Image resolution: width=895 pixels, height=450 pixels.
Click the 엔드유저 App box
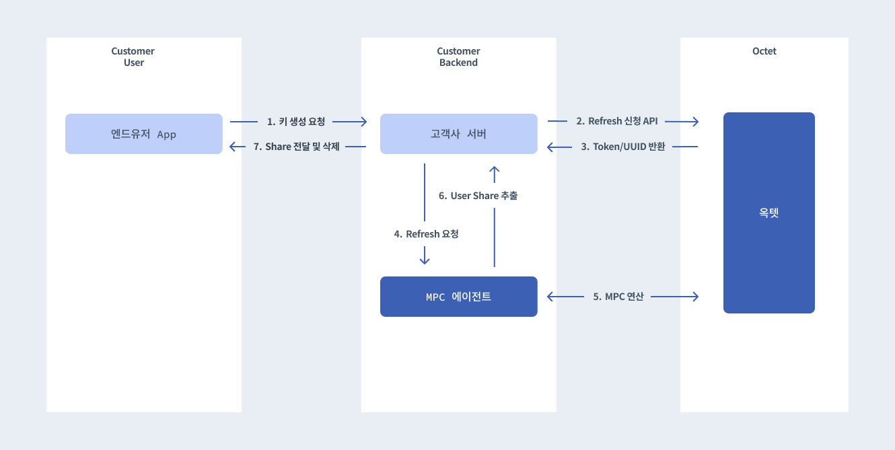144,134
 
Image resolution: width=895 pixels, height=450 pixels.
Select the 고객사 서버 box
459,134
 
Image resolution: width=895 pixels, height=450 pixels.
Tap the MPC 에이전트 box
459,297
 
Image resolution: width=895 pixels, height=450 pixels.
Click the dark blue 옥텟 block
768,213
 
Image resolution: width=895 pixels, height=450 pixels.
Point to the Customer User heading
133,57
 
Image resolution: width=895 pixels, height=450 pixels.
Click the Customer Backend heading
458,57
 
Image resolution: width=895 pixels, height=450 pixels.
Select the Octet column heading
764,51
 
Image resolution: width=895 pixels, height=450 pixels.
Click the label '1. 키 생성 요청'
296,121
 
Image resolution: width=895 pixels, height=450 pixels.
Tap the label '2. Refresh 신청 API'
616,121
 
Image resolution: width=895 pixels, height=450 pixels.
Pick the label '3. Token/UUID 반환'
623,147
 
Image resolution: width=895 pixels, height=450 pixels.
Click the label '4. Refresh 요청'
426,233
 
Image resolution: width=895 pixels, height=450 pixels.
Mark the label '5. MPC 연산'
618,296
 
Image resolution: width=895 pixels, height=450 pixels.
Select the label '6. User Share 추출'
478,196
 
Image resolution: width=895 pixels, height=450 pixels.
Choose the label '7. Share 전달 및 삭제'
296,147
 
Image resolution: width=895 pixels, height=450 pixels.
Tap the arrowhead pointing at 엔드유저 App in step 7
232,147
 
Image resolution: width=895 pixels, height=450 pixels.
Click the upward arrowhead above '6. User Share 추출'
494,170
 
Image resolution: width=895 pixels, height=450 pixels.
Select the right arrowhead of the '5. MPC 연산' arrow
696,297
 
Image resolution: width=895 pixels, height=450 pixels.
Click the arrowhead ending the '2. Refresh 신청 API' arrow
696,121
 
